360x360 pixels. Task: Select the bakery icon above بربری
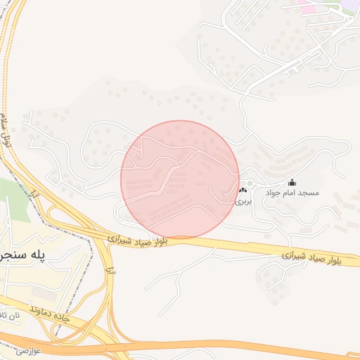243,191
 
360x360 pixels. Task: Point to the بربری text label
243,200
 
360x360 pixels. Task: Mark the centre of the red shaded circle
180,179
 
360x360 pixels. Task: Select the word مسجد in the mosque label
309,193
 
